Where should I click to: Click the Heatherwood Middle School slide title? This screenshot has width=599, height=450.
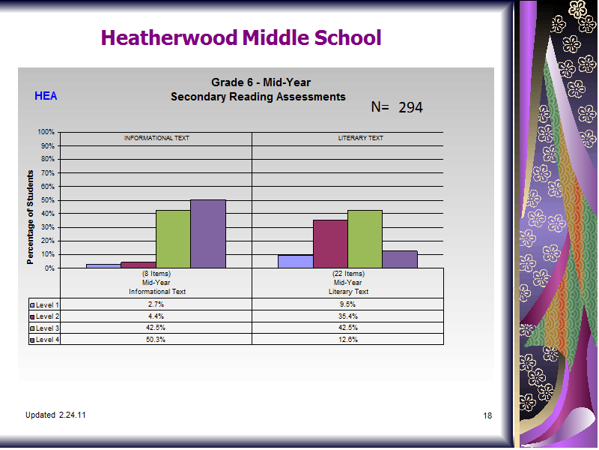click(241, 37)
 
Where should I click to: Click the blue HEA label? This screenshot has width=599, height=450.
click(46, 96)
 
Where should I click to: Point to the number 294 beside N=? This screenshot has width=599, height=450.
click(410, 107)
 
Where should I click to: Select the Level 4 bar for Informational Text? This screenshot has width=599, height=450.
click(208, 234)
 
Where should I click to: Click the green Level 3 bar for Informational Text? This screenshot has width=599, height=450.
click(173, 239)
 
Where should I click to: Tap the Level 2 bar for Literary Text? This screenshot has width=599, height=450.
click(330, 244)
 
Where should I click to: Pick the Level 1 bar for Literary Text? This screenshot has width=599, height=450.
click(296, 262)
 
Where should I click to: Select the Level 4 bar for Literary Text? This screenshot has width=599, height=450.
click(400, 259)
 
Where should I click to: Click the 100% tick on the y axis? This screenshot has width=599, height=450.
click(46, 132)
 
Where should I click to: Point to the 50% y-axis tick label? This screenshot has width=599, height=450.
click(48, 200)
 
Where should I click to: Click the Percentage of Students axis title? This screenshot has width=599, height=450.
click(30, 217)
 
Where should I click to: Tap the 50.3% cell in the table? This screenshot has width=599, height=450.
click(156, 340)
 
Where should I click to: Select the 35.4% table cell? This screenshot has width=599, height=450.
click(348, 316)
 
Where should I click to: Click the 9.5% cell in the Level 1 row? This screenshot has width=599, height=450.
click(348, 304)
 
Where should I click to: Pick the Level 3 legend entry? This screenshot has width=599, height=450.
click(44, 328)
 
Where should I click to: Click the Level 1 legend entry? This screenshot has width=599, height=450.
click(44, 305)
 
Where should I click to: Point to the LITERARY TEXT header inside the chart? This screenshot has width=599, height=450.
click(361, 138)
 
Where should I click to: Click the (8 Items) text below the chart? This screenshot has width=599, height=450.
click(156, 274)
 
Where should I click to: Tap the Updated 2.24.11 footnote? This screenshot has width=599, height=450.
click(55, 415)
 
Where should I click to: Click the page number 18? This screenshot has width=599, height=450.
click(487, 415)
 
